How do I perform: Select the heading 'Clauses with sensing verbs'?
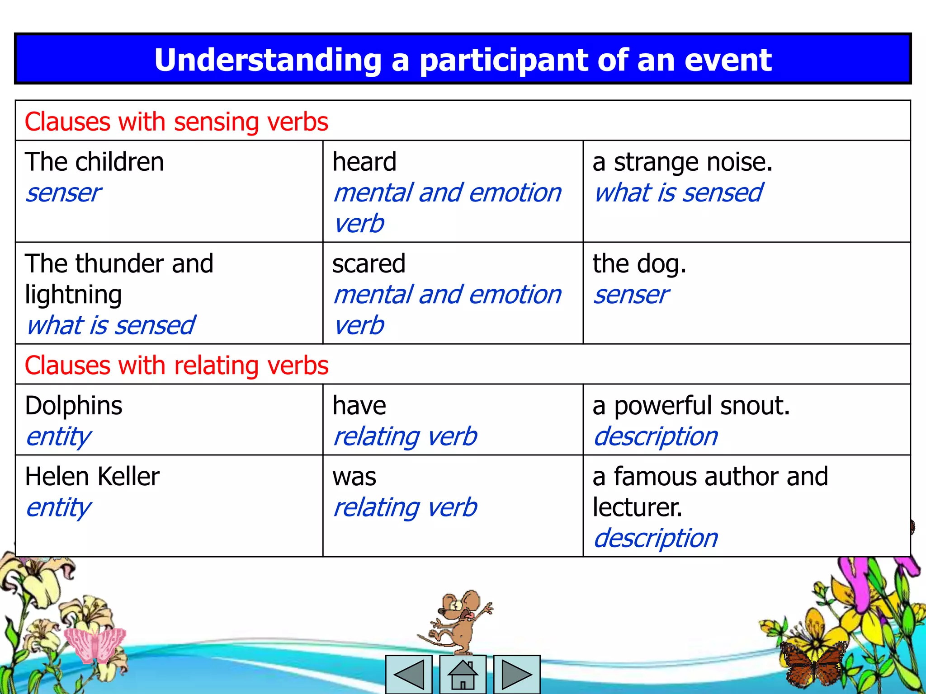click(176, 122)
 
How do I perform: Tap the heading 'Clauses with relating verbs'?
click(176, 366)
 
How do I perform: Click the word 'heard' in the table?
click(364, 162)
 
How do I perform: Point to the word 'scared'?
click(369, 264)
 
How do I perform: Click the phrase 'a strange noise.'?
click(682, 162)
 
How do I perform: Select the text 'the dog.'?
click(639, 264)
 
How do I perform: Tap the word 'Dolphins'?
click(74, 406)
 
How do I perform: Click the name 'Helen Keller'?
click(92, 477)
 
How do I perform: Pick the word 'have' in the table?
click(359, 406)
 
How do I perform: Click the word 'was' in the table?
click(354, 477)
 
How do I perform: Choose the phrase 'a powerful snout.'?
click(691, 406)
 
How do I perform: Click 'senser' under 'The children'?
click(63, 193)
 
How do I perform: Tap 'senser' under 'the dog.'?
click(631, 295)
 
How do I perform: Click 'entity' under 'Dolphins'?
click(59, 437)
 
